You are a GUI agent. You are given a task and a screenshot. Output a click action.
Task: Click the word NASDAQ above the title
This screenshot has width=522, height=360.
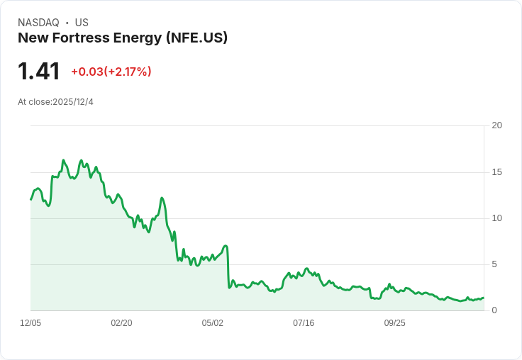click(38, 23)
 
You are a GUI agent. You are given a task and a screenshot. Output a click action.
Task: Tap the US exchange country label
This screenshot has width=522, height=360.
click(82, 23)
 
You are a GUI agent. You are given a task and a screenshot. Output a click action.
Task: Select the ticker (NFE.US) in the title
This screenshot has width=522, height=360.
click(196, 38)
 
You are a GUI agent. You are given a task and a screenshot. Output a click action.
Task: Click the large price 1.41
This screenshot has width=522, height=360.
click(38, 71)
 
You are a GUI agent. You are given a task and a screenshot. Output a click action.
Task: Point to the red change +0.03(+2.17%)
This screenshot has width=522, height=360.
click(111, 72)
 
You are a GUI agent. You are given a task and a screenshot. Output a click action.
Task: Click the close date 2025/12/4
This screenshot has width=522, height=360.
click(73, 102)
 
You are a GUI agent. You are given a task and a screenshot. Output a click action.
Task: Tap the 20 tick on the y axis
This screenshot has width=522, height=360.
click(496, 125)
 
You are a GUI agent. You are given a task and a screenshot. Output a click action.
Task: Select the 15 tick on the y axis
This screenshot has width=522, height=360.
click(496, 172)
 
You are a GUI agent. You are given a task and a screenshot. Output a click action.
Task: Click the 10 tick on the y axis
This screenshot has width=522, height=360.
click(496, 218)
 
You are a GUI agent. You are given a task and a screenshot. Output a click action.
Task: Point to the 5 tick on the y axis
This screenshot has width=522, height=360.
click(494, 264)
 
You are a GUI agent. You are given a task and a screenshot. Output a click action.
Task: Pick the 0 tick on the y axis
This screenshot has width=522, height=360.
click(494, 310)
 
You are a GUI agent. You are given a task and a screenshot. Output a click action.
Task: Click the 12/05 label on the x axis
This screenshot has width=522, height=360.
click(30, 323)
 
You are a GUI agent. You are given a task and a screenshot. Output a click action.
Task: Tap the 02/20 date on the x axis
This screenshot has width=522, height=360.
click(121, 323)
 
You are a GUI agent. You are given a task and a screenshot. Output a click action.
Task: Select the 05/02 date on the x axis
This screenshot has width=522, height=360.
click(212, 323)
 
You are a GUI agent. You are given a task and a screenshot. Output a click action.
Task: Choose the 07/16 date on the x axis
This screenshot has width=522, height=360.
click(304, 323)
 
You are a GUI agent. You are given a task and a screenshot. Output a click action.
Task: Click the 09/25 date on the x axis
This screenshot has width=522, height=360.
click(395, 323)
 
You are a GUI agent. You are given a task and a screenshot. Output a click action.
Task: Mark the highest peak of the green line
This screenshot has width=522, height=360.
click(63, 160)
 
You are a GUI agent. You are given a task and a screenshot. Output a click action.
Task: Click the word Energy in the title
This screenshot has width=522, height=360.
click(138, 38)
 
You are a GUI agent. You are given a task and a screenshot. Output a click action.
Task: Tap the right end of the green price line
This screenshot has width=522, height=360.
click(484, 298)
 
